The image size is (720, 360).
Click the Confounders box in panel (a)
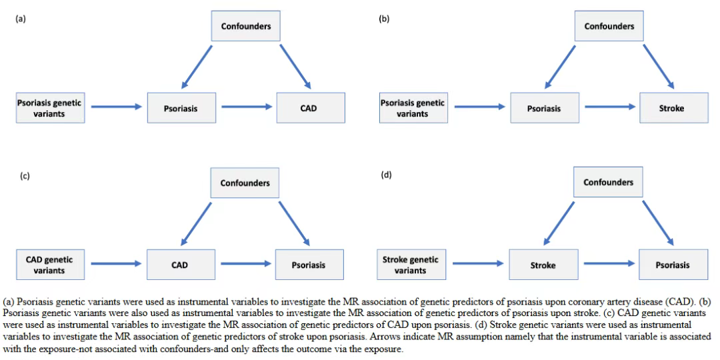pyautogui.click(x=246, y=26)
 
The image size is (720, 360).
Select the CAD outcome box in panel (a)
pyautogui.click(x=311, y=108)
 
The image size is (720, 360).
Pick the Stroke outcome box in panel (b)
pyautogui.click(x=673, y=108)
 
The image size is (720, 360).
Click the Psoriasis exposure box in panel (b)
pyautogui.click(x=545, y=108)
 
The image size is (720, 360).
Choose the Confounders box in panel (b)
pyautogui.click(x=609, y=26)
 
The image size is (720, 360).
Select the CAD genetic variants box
pyautogui.click(x=51, y=265)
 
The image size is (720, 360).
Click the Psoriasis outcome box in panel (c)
pyautogui.click(x=309, y=265)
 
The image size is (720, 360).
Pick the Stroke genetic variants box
pyautogui.click(x=411, y=265)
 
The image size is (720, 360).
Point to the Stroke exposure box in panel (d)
pyautogui.click(x=543, y=265)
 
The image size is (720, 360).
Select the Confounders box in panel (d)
pyautogui.click(x=609, y=183)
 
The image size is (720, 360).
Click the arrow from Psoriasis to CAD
pyautogui.click(x=247, y=107)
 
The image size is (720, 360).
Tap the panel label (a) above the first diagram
pyautogui.click(x=20, y=19)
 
